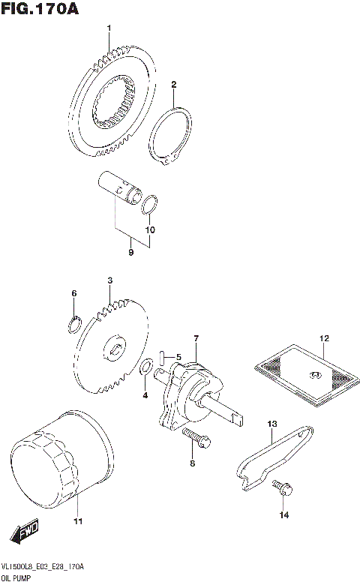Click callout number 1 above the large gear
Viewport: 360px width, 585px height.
click(x=109, y=28)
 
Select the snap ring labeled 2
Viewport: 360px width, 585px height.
click(x=171, y=136)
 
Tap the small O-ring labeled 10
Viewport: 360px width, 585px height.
click(x=150, y=203)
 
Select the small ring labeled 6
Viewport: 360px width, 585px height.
click(x=74, y=324)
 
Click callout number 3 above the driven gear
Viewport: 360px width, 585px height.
click(x=109, y=280)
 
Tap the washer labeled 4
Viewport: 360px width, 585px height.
click(x=148, y=367)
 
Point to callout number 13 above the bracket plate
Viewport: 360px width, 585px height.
click(x=272, y=424)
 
